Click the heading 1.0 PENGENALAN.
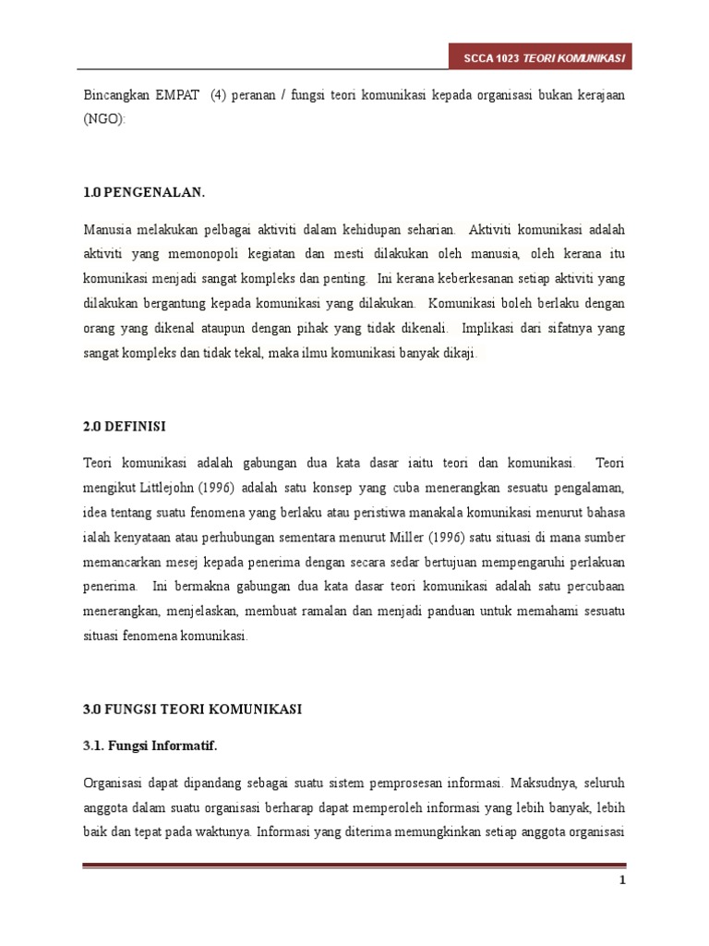point(144,192)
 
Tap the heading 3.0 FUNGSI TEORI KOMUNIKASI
point(192,709)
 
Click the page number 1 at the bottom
point(622,880)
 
